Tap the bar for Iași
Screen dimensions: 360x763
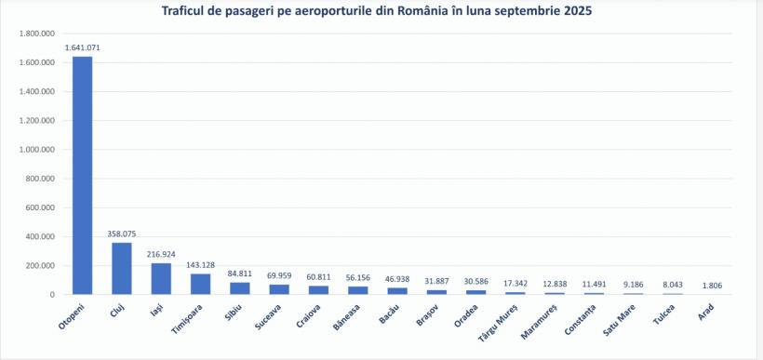pos(161,278)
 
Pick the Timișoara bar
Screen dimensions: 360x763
pos(201,284)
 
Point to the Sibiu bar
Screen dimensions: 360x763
pos(240,288)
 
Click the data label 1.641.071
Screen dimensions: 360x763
pos(82,47)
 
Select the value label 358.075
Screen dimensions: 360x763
pos(122,233)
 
